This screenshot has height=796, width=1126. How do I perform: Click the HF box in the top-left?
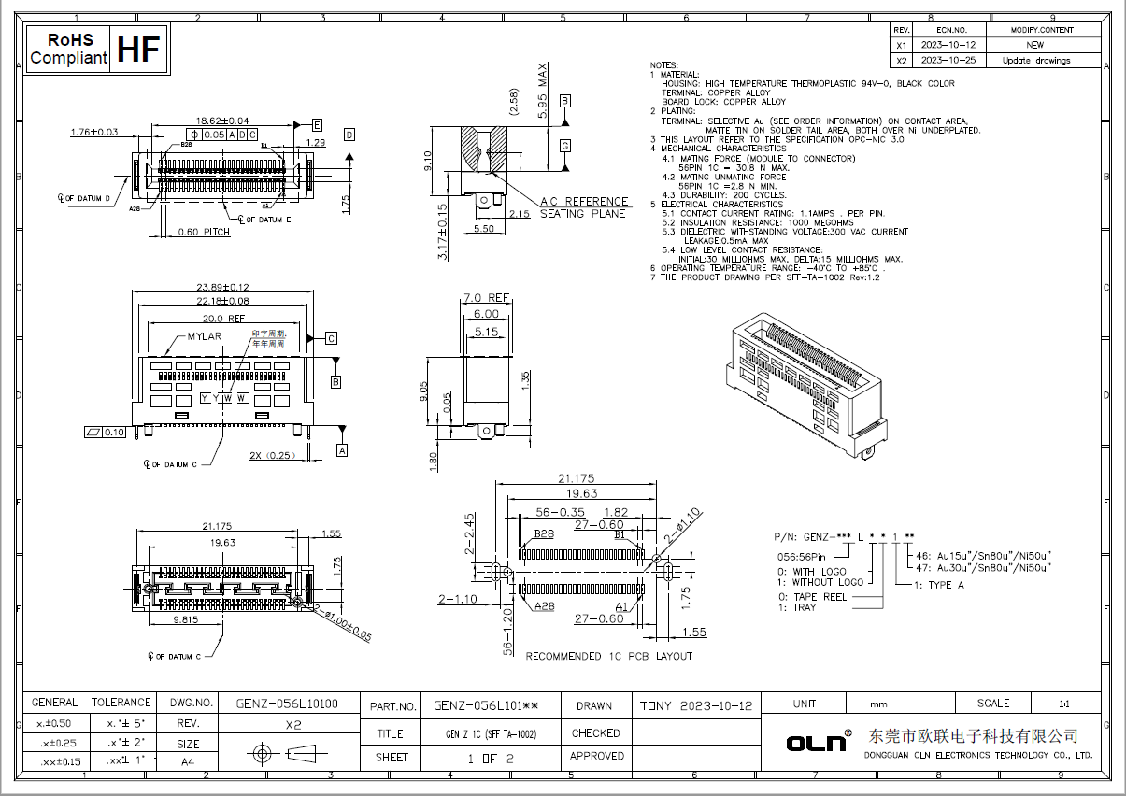[x=140, y=50]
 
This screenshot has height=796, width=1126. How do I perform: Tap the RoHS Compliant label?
[x=68, y=50]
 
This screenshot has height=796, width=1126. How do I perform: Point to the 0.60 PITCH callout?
[x=204, y=232]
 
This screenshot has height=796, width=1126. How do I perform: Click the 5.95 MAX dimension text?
[x=543, y=90]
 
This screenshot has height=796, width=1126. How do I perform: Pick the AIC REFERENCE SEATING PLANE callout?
[x=583, y=207]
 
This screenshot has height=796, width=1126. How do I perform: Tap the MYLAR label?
[x=204, y=335]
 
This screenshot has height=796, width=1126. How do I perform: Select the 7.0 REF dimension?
[x=486, y=299]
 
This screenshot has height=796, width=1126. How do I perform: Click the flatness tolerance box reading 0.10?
[x=105, y=432]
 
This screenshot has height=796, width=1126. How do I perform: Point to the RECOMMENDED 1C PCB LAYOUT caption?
[x=608, y=656]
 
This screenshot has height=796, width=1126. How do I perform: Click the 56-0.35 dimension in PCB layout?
[x=561, y=512]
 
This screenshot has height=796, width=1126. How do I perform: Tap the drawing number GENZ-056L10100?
[x=286, y=704]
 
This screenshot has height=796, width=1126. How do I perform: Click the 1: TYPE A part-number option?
[x=938, y=585]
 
